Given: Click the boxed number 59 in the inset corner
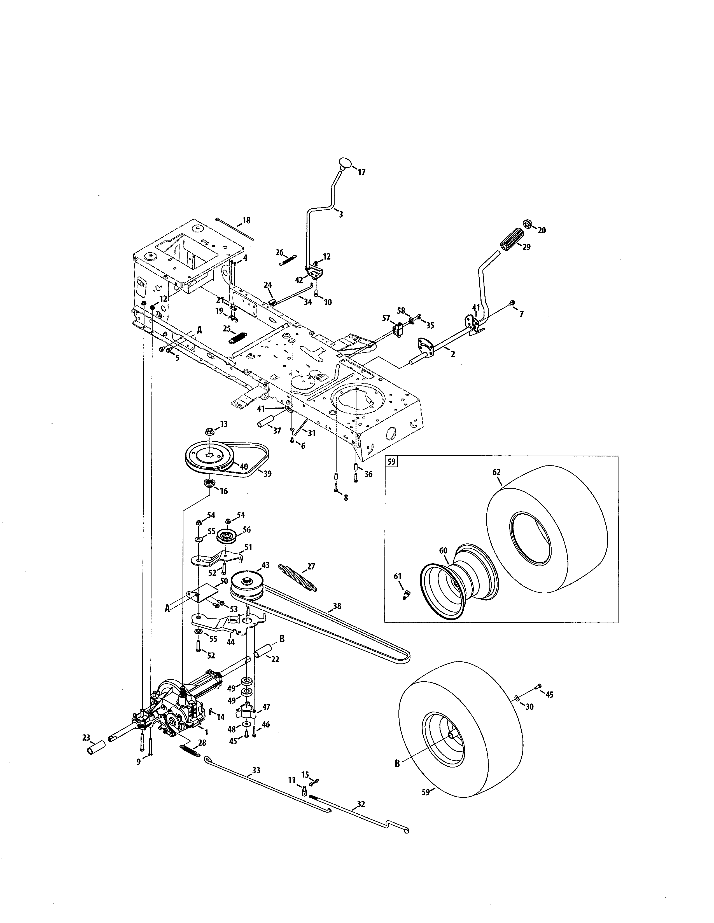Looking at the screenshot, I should [391, 462].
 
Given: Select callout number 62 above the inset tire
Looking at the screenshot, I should [496, 472].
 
